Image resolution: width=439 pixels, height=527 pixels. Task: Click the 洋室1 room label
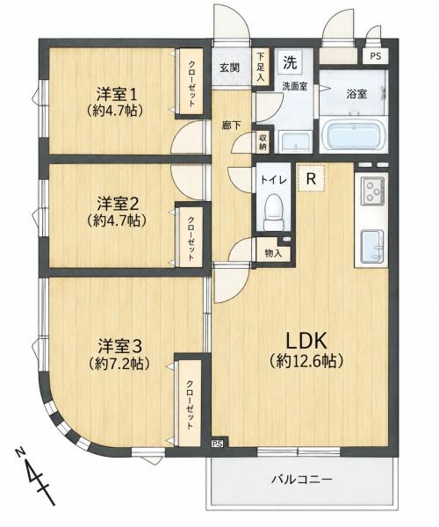(x=117, y=95)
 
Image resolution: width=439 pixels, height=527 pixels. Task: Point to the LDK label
(x=306, y=341)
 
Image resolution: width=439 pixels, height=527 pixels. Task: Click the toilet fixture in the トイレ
(x=273, y=213)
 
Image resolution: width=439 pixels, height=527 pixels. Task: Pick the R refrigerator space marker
(x=312, y=178)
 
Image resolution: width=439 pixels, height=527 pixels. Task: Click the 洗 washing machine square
(x=290, y=62)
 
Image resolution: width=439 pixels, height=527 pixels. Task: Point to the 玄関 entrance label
(x=230, y=68)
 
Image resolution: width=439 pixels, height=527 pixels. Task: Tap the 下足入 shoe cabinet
(x=261, y=67)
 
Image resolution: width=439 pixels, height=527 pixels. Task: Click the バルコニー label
(x=301, y=479)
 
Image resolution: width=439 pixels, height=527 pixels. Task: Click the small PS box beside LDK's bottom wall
(x=217, y=444)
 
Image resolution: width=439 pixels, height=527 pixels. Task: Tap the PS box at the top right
(x=376, y=56)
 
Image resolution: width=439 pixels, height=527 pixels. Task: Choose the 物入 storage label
(x=273, y=253)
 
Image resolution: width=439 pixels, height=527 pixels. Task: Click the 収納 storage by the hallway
(x=263, y=142)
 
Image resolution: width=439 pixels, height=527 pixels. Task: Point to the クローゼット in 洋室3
(x=190, y=404)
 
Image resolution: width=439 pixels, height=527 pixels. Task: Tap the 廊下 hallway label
(x=231, y=126)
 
